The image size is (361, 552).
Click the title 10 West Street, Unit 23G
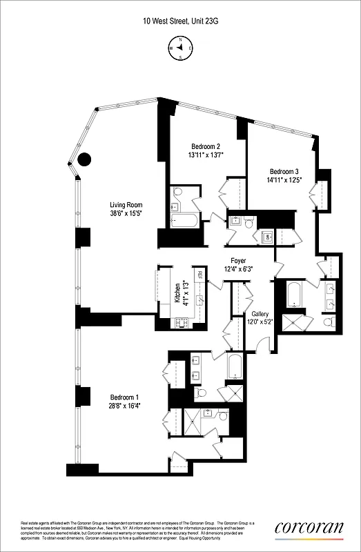[180, 21]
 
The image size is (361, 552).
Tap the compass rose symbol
[180, 48]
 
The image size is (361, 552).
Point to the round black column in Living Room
[84, 159]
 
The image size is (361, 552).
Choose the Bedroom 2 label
[204, 146]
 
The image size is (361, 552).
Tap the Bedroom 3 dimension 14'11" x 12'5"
[284, 181]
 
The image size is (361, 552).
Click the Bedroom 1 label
[125, 397]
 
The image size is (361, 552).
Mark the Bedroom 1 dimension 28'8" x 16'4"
[125, 406]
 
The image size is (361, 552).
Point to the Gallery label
[260, 313]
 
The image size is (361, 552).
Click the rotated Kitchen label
[177, 293]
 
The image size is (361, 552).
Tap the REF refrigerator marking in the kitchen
[199, 275]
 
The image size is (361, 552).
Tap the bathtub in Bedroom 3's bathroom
[293, 295]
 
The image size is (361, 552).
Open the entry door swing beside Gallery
[263, 341]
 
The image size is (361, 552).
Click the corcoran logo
[309, 528]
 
